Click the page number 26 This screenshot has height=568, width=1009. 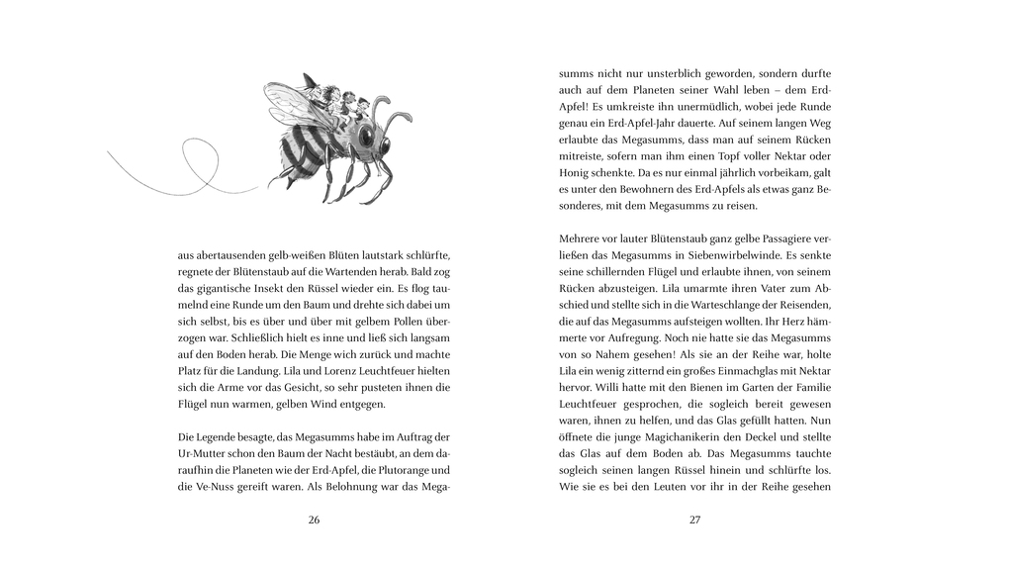[x=314, y=521]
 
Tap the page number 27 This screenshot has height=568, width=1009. [x=694, y=521]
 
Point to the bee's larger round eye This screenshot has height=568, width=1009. [x=368, y=135]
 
